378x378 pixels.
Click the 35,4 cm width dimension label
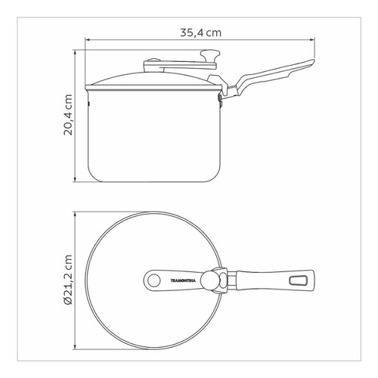(200, 33)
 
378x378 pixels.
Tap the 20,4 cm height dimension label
(68, 115)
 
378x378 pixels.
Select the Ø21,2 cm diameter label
(68, 280)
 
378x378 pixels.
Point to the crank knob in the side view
(210, 54)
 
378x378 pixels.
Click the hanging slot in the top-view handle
(298, 280)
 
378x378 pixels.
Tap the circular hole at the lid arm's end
(153, 280)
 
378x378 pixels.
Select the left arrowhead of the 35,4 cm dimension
(88, 39)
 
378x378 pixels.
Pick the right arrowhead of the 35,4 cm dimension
(312, 39)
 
